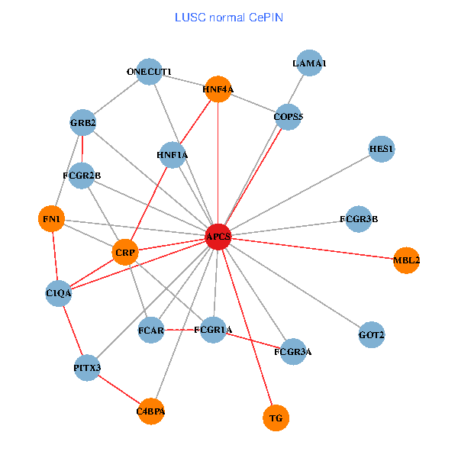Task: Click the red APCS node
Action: (x=218, y=237)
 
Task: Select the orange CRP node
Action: (x=124, y=251)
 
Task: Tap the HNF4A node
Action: (x=218, y=89)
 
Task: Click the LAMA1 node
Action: (x=309, y=63)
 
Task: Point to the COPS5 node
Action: (x=289, y=117)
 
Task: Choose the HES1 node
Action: (x=381, y=150)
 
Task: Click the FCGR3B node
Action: (x=359, y=219)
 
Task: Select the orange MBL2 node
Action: (x=407, y=260)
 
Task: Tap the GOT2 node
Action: (x=372, y=334)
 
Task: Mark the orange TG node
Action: (x=276, y=418)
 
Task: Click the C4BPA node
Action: (x=150, y=411)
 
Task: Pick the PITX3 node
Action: (x=88, y=369)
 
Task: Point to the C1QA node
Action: (x=59, y=292)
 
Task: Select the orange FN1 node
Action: (x=51, y=219)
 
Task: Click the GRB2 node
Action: (x=82, y=122)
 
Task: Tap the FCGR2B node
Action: (x=82, y=176)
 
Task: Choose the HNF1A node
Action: (x=172, y=155)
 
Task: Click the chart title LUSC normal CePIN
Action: (x=228, y=17)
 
